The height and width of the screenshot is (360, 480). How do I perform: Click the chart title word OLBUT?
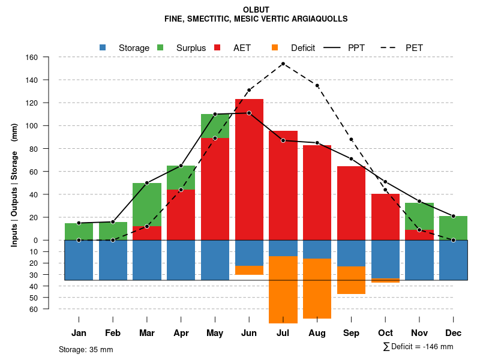[256, 10]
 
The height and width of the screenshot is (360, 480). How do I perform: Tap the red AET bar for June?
[249, 168]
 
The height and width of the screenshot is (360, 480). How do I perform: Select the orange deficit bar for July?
[283, 290]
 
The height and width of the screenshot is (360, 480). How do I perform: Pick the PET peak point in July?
[283, 64]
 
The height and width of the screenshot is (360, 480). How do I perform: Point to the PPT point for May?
[215, 114]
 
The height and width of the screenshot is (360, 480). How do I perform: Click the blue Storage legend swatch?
[103, 47]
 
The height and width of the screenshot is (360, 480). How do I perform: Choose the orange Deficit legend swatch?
[275, 47]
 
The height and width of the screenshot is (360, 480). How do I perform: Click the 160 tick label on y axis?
[31, 58]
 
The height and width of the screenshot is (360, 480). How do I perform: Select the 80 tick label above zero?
[34, 149]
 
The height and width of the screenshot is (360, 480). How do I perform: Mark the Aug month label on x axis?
[317, 333]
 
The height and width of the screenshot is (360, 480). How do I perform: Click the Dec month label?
[454, 333]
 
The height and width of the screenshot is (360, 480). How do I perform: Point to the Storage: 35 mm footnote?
[86, 349]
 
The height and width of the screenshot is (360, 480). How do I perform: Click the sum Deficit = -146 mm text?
[418, 347]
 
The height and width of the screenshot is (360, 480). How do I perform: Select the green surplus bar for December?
[454, 228]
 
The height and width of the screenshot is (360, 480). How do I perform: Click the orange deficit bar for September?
[352, 280]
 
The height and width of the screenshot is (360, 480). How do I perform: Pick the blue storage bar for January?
[79, 260]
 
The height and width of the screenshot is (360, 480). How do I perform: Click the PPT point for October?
[385, 182]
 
